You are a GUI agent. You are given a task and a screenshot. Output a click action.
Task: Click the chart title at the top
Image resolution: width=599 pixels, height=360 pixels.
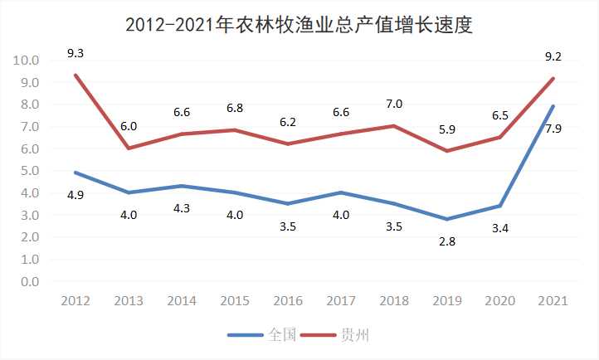pyautogui.click(x=299, y=24)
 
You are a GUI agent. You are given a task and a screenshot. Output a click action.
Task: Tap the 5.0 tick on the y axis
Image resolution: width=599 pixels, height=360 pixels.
pyautogui.click(x=29, y=171)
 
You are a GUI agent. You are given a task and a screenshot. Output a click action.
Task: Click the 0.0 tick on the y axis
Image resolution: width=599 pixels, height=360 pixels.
pyautogui.click(x=29, y=282)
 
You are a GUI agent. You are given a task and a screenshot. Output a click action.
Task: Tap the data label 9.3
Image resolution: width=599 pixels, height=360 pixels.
pyautogui.click(x=75, y=53)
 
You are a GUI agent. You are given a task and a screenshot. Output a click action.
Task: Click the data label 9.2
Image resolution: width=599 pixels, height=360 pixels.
pyautogui.click(x=552, y=56)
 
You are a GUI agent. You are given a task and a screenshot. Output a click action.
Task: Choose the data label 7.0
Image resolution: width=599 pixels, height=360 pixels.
pyautogui.click(x=393, y=104)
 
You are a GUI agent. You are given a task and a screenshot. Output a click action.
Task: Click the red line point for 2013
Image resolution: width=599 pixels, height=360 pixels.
pyautogui.click(x=129, y=148)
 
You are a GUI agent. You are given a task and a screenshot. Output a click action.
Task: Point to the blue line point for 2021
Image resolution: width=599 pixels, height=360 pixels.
pyautogui.click(x=552, y=106)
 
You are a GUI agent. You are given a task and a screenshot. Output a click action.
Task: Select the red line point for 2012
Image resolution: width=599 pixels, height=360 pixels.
pyautogui.click(x=75, y=75)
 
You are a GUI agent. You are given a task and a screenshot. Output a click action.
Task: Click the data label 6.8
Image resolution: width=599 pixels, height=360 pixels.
pyautogui.click(x=234, y=108)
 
